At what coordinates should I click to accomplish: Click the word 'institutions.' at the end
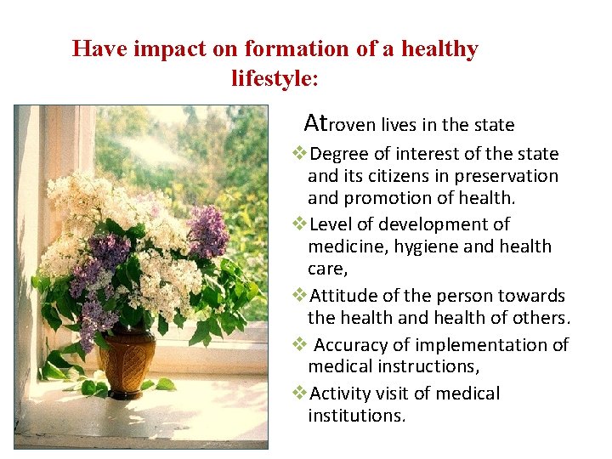[357, 416]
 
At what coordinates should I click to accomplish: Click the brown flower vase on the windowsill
[126, 360]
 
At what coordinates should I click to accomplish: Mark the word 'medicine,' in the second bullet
[344, 247]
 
